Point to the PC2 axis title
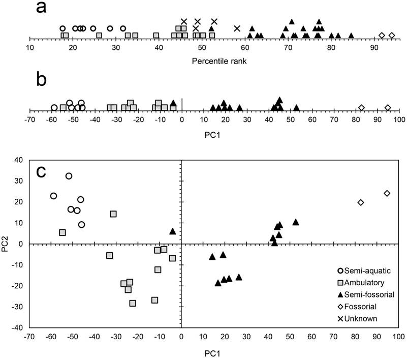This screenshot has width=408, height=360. coord(7,244)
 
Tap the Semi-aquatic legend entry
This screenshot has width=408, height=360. coord(357,272)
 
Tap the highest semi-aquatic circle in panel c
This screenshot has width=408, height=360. coord(69,176)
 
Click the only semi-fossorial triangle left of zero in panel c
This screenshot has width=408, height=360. coord(173,231)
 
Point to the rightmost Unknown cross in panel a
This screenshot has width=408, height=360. coord(237,28)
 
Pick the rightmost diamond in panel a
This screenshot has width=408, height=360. coord(392,35)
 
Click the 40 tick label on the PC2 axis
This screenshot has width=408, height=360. coord(19,160)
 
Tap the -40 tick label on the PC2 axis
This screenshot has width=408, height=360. coord(17,328)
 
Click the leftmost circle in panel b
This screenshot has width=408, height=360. coord(54,107)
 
